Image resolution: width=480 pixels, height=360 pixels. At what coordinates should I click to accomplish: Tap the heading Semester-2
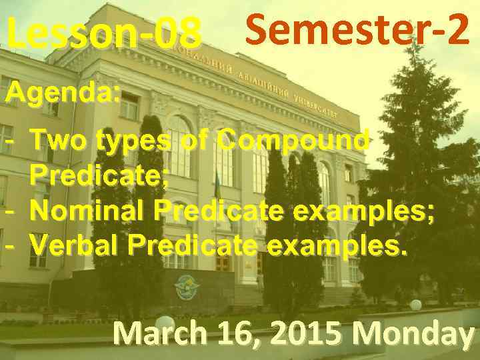coord(357,30)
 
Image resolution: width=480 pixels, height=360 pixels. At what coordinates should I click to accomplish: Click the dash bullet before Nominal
coord(10,212)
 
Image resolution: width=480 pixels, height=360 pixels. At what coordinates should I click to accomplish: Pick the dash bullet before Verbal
coord(10,246)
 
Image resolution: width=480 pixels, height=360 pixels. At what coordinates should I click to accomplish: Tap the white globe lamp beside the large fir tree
coord(415,305)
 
